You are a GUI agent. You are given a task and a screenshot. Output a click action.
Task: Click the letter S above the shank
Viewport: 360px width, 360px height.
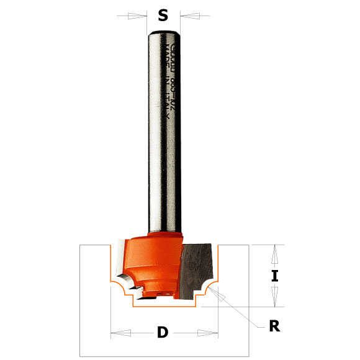point(163,15)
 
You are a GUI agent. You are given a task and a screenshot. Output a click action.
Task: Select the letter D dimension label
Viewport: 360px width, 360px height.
point(163,332)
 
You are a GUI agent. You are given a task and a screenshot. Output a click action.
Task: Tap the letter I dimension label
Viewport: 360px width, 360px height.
point(274,276)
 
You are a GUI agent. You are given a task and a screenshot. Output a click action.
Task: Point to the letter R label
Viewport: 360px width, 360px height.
point(273,326)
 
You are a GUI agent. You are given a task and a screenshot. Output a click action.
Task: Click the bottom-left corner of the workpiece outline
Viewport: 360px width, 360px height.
point(80,356)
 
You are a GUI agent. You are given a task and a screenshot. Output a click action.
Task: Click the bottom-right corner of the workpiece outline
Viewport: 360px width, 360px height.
point(248,356)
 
